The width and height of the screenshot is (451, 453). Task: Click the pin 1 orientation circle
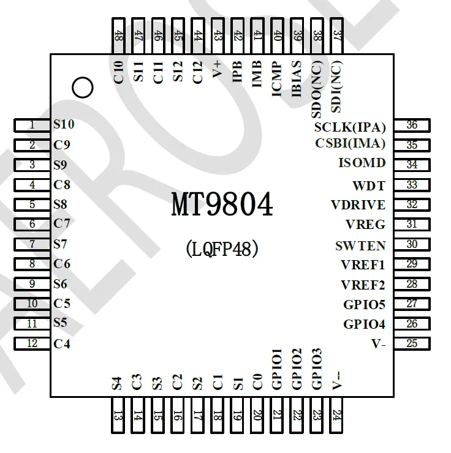pyautogui.click(x=82, y=88)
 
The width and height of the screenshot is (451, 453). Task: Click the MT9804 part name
pyautogui.click(x=222, y=206)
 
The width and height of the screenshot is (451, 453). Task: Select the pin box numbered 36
pyautogui.click(x=412, y=125)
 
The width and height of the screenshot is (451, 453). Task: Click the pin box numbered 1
pyautogui.click(x=32, y=125)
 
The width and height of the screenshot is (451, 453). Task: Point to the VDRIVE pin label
pyautogui.click(x=358, y=204)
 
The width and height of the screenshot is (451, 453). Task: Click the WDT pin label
pyautogui.click(x=369, y=185)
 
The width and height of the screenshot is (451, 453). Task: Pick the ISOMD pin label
pyautogui.click(x=362, y=163)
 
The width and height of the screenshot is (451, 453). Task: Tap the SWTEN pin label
pyautogui.click(x=360, y=246)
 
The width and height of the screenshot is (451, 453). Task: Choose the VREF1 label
pyautogui.click(x=363, y=265)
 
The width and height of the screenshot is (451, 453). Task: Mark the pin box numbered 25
pyautogui.click(x=412, y=343)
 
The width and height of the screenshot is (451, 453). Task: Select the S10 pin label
pyautogui.click(x=64, y=124)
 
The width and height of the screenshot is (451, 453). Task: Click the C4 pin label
pyautogui.click(x=62, y=343)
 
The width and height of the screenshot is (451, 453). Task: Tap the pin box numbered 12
pyautogui.click(x=32, y=343)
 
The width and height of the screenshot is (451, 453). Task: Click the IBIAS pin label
pyautogui.click(x=297, y=78)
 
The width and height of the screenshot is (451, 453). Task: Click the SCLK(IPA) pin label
pyautogui.click(x=350, y=128)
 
